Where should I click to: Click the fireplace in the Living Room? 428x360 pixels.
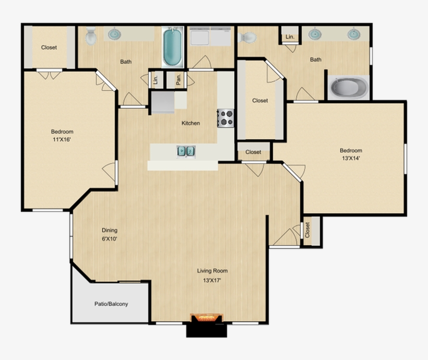pyautogui.click(x=207, y=319)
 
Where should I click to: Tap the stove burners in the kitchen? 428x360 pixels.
pyautogui.click(x=225, y=117)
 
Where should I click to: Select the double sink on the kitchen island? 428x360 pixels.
pyautogui.click(x=185, y=151)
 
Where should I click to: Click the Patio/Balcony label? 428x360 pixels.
pyautogui.click(x=111, y=304)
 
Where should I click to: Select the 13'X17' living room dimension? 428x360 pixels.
pyautogui.click(x=212, y=281)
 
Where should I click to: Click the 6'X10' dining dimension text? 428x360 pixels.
pyautogui.click(x=109, y=239)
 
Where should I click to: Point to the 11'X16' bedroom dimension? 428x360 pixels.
pyautogui.click(x=62, y=140)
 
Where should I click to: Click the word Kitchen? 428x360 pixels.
pyautogui.click(x=191, y=123)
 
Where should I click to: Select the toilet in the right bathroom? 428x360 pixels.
pyautogui.click(x=247, y=37)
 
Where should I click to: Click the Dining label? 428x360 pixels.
pyautogui.click(x=109, y=230)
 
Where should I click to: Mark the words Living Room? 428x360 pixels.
pyautogui.click(x=212, y=271)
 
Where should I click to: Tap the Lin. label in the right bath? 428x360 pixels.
pyautogui.click(x=289, y=37)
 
